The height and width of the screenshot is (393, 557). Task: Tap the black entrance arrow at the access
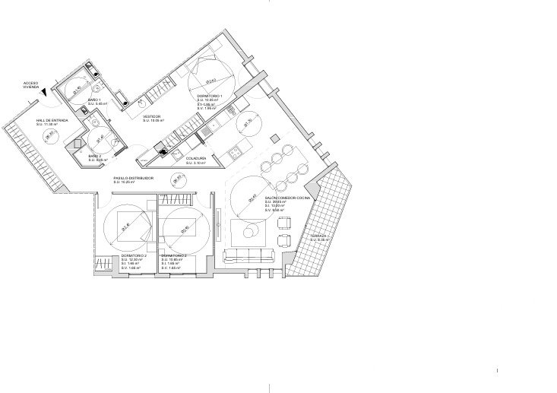pyautogui.click(x=45, y=93)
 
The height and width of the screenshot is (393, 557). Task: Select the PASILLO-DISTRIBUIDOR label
pyautogui.click(x=134, y=179)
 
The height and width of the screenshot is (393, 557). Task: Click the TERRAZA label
pyautogui.click(x=318, y=236)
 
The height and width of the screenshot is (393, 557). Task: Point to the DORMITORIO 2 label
pyautogui.click(x=134, y=256)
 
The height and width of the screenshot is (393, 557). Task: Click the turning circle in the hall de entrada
pyautogui.click(x=51, y=137)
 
